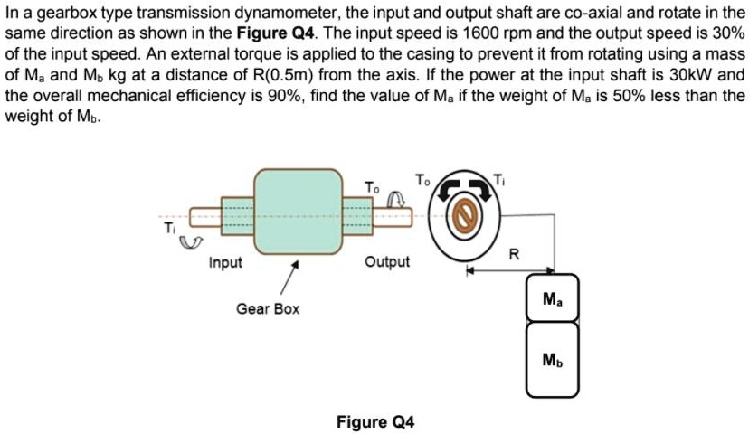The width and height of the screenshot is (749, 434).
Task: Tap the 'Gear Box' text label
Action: pos(268,309)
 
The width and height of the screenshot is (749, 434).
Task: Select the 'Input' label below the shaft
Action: pos(225,262)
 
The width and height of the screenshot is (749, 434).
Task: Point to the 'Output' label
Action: pos(387,262)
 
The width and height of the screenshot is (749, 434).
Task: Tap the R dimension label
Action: pos(514,254)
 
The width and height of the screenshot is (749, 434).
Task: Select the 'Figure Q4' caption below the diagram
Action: pos(374,421)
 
